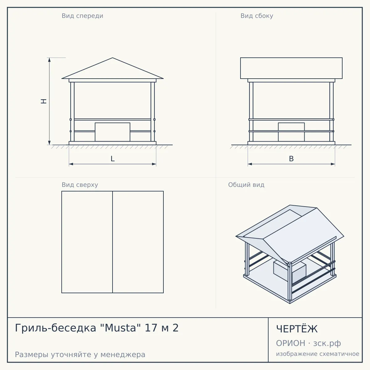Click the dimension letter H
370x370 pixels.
[x=44, y=101]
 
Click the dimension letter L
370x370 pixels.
[x=113, y=159]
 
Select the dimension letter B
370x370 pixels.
[x=291, y=159]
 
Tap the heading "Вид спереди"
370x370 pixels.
[x=82, y=16]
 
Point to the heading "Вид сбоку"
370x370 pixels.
[x=257, y=16]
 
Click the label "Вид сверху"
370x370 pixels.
[x=80, y=185]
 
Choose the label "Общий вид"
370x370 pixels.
[x=246, y=185]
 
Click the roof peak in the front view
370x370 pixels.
[x=113, y=58]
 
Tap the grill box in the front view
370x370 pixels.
[x=113, y=132]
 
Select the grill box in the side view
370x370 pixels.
[x=291, y=132]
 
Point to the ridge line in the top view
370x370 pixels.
[x=113, y=242]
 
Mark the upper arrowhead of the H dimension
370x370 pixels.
[x=49, y=60]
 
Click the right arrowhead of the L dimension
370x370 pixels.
[x=154, y=164]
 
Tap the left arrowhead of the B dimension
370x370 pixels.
[x=250, y=164]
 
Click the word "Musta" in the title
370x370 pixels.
[x=120, y=328]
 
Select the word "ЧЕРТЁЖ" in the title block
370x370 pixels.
[x=297, y=329]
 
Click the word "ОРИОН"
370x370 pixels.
[x=290, y=343]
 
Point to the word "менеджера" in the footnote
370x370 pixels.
[x=123, y=355]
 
